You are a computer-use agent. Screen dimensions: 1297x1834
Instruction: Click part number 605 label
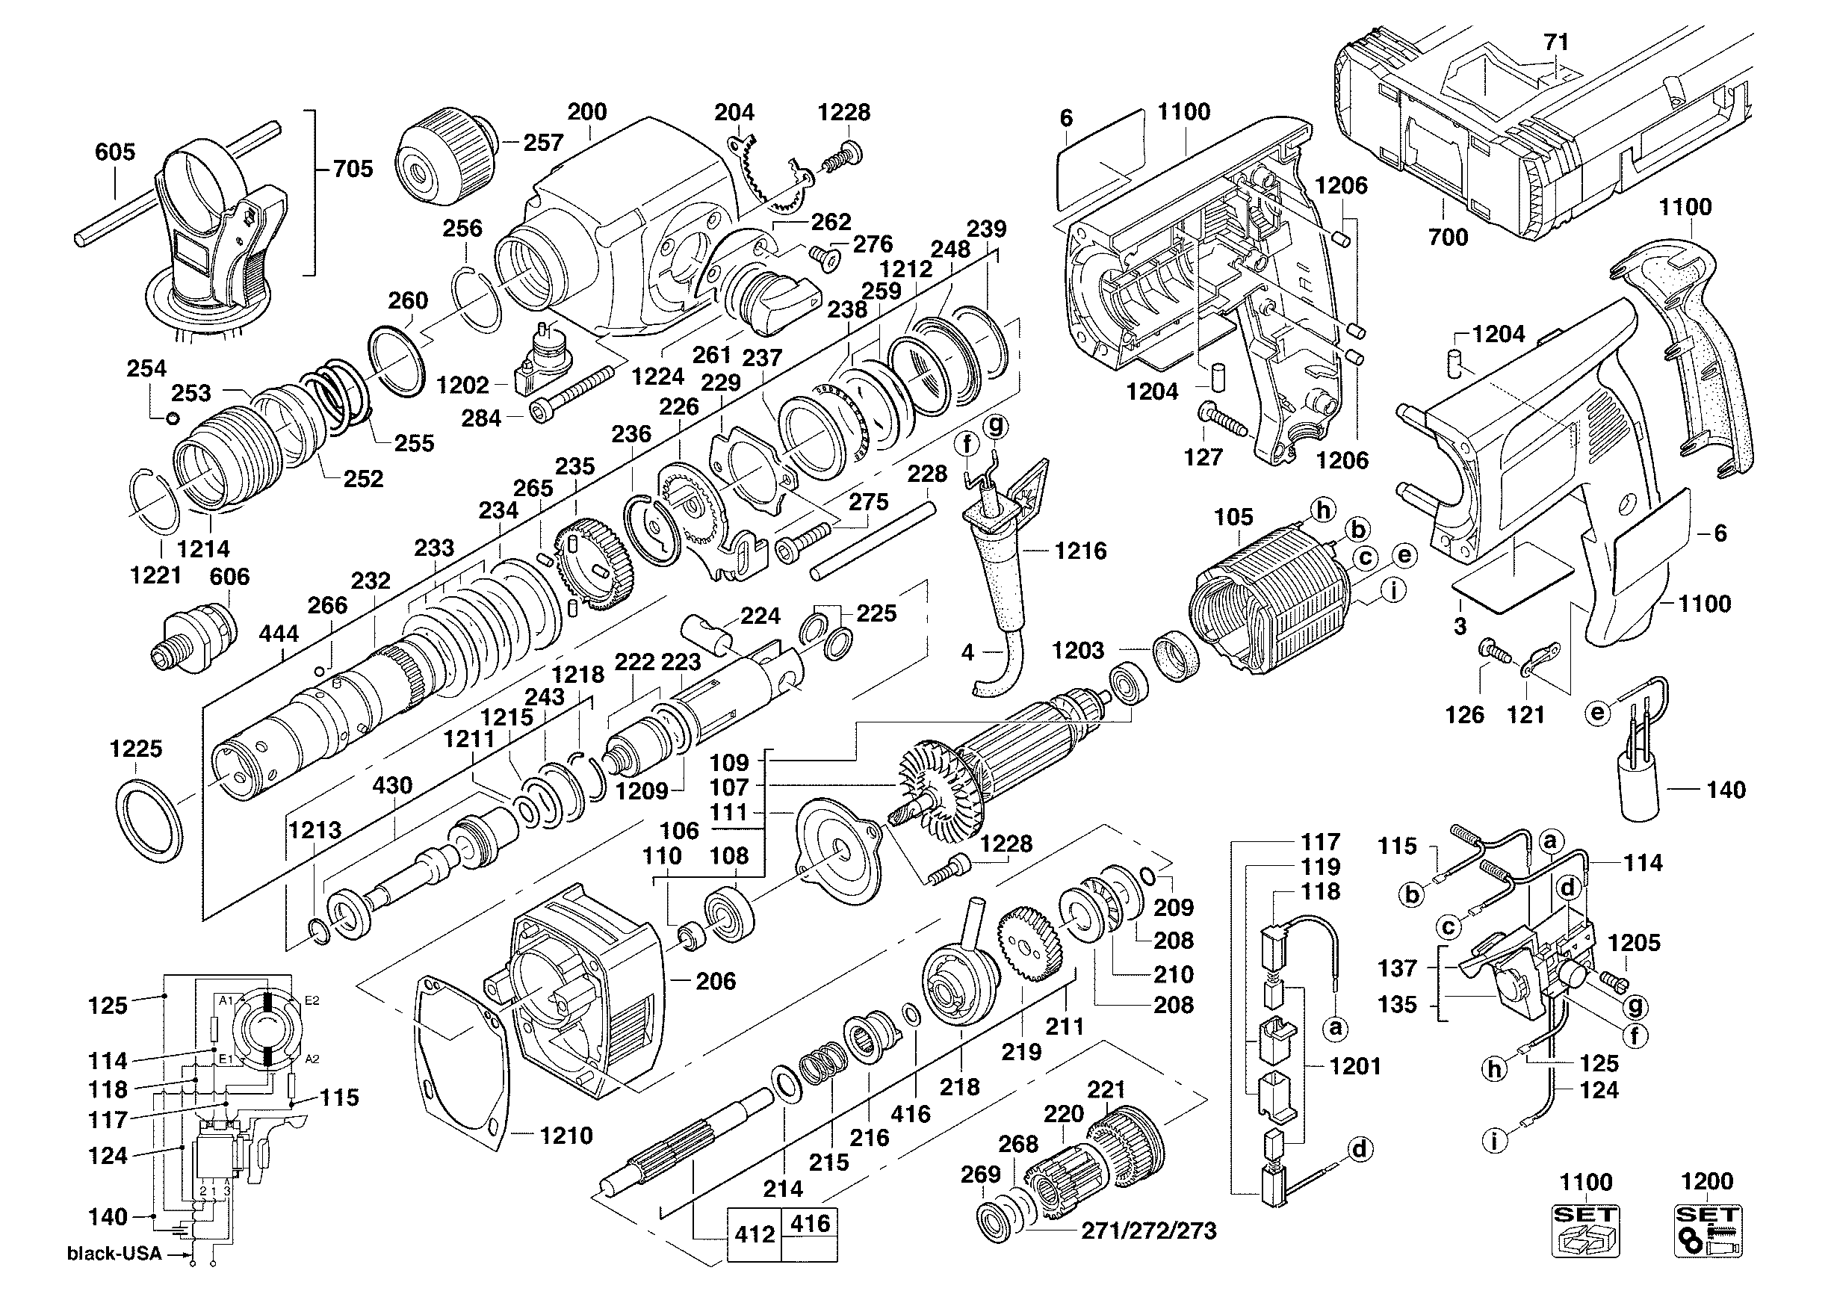pyautogui.click(x=115, y=152)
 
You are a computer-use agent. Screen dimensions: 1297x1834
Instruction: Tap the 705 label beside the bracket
pyautogui.click(x=353, y=169)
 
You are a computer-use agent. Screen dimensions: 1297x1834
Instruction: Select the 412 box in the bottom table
pyautogui.click(x=754, y=1235)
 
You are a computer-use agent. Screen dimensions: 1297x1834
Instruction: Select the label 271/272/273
pyautogui.click(x=1149, y=1231)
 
